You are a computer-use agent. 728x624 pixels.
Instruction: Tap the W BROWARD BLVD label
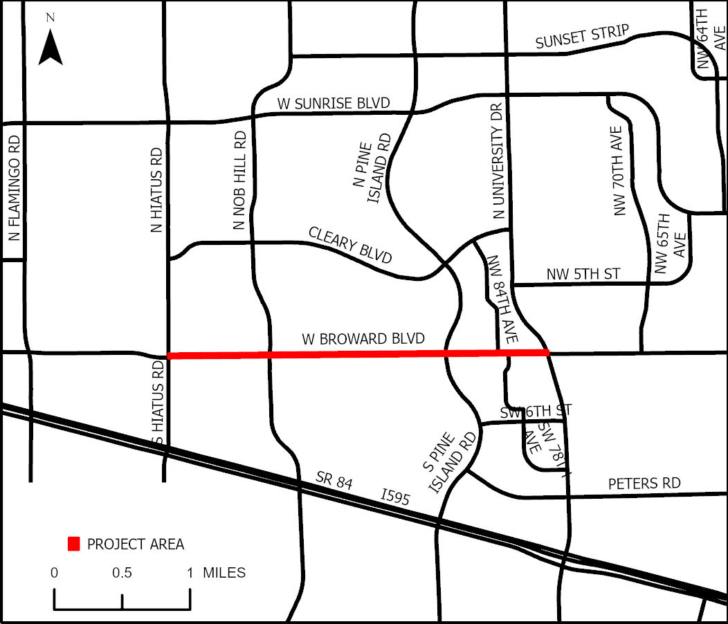[363, 340]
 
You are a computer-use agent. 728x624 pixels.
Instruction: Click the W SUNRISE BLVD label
[334, 104]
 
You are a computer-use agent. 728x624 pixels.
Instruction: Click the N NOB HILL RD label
[240, 181]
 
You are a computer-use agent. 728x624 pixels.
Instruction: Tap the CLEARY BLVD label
[350, 246]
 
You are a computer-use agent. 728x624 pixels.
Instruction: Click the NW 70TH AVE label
[619, 171]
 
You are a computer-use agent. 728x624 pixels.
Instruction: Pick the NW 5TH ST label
[583, 275]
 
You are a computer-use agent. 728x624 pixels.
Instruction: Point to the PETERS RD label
[644, 483]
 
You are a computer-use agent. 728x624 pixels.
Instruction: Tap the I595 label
[395, 497]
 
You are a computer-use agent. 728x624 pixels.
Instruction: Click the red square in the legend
[73, 544]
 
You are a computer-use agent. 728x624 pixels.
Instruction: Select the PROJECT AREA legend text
[136, 544]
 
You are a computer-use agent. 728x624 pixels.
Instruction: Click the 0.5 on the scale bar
[122, 573]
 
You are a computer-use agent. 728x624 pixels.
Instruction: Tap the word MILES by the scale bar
[224, 573]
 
